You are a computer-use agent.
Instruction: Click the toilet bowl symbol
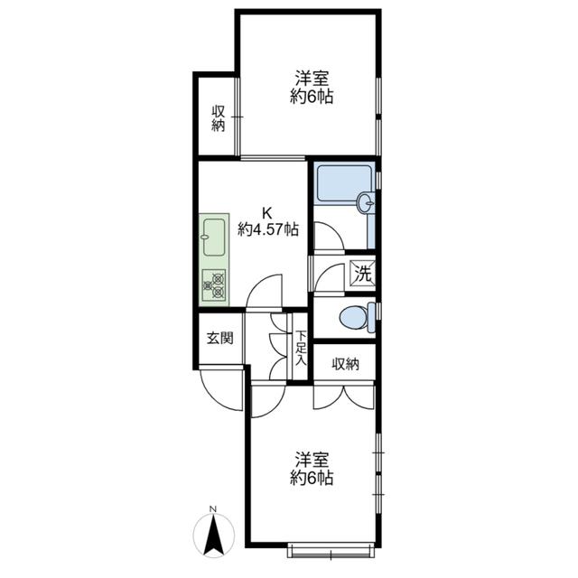click(354, 317)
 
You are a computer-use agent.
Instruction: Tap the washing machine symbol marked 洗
click(363, 273)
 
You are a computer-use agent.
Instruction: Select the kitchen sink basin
click(214, 238)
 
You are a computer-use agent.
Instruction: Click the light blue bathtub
click(344, 184)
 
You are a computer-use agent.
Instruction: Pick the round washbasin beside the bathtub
click(366, 202)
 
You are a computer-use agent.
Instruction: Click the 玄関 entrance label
click(219, 338)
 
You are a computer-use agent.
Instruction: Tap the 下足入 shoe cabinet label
click(301, 349)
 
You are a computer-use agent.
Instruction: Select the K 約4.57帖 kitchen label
click(267, 221)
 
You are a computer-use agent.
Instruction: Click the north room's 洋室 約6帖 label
click(312, 88)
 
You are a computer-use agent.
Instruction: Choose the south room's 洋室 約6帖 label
click(312, 468)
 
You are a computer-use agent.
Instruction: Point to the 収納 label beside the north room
click(219, 118)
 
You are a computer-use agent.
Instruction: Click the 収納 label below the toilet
click(345, 364)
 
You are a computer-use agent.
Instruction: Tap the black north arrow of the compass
click(214, 535)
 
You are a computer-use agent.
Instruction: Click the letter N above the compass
click(213, 509)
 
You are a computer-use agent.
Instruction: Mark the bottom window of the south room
click(331, 549)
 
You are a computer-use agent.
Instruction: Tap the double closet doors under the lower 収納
click(344, 397)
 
